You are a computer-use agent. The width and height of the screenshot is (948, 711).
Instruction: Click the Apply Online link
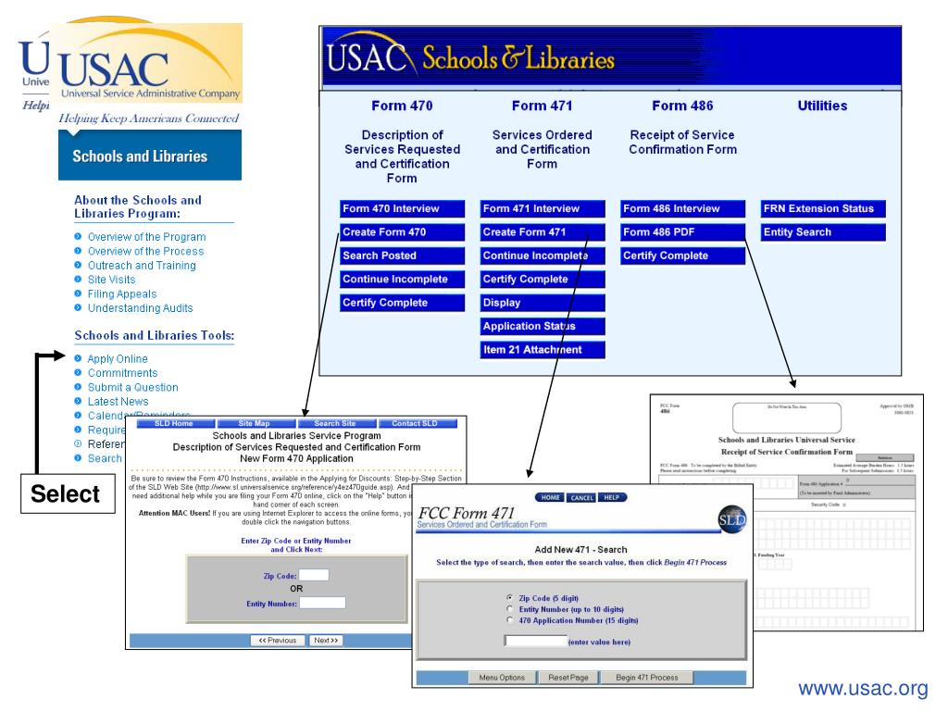click(118, 359)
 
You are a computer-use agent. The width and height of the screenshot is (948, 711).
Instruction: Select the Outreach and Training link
click(142, 266)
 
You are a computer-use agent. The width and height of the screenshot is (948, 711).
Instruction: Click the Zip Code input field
click(314, 575)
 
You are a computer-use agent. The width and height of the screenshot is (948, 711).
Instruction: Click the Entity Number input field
click(322, 603)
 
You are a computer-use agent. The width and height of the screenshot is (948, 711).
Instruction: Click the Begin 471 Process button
click(647, 678)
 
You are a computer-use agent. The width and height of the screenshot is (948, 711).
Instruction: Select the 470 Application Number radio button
click(510, 620)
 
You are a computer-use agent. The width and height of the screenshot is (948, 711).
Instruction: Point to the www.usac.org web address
click(863, 688)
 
